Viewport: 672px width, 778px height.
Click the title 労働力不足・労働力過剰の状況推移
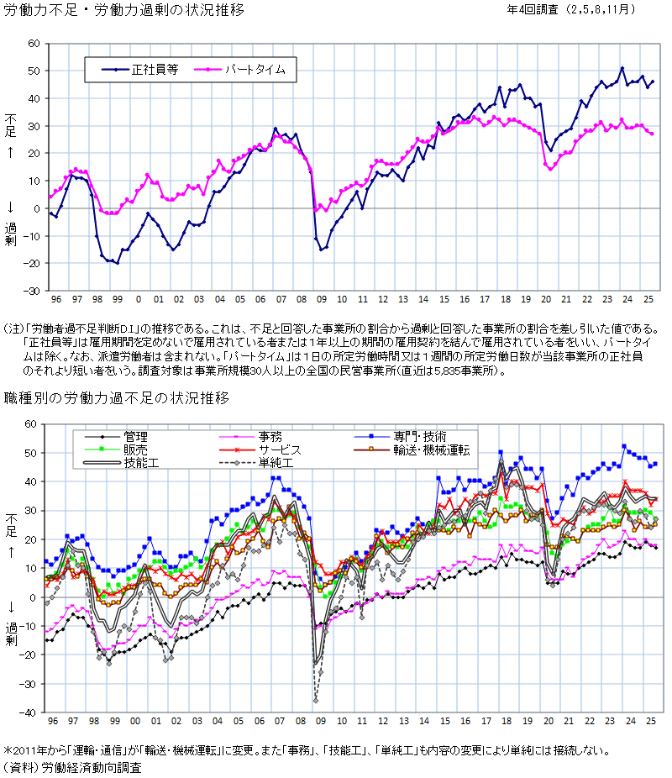(x=124, y=12)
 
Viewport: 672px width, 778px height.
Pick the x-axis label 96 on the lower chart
(x=55, y=722)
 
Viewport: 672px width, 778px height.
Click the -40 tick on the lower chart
(x=32, y=712)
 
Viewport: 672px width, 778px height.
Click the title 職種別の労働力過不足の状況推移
(x=117, y=397)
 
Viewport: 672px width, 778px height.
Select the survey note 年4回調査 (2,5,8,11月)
(x=571, y=10)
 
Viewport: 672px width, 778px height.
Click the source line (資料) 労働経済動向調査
(x=72, y=767)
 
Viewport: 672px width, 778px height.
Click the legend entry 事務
(x=270, y=436)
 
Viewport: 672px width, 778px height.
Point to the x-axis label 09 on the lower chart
(x=320, y=722)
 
